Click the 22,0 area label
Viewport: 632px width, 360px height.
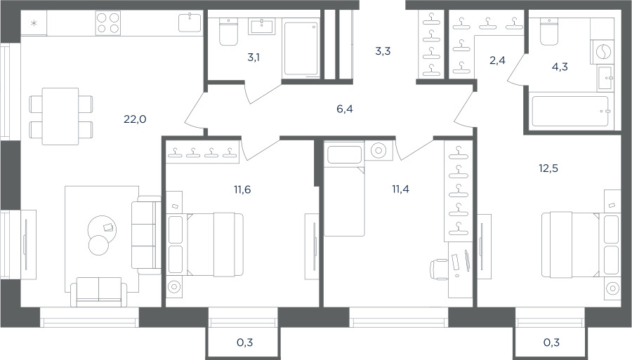click(x=135, y=119)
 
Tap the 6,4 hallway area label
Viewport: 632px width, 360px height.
click(x=345, y=109)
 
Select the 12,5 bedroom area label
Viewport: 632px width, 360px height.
click(x=548, y=168)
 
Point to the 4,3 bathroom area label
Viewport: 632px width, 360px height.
click(x=560, y=67)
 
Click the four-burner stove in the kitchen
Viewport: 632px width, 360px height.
click(x=108, y=22)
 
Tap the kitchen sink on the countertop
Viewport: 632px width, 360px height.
click(x=190, y=22)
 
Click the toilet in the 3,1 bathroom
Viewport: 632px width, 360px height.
click(x=228, y=32)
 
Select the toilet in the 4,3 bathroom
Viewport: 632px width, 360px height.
click(x=549, y=32)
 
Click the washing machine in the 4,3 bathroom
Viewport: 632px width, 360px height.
click(x=603, y=51)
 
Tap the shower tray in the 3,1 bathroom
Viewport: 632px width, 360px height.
click(x=302, y=48)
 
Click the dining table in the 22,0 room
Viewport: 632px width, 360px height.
click(x=60, y=116)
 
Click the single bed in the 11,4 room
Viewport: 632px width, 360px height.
click(x=345, y=191)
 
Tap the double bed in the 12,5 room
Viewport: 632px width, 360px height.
click(x=572, y=245)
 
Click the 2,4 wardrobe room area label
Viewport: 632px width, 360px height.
click(x=497, y=60)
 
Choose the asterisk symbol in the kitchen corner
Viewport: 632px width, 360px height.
click(x=34, y=23)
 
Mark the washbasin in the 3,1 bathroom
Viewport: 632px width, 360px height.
click(x=262, y=26)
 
